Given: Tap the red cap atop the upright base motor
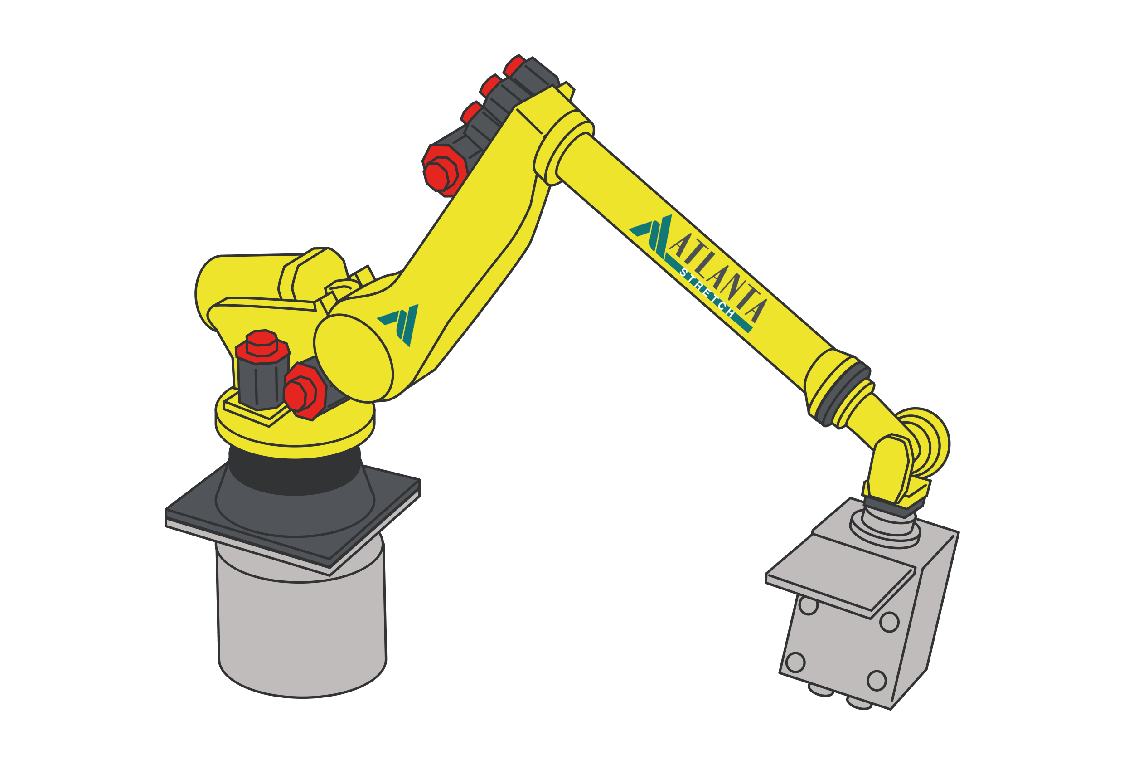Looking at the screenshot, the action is (x=262, y=346).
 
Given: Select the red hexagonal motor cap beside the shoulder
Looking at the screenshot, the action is (x=305, y=392).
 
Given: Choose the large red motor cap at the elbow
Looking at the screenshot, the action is (x=444, y=171).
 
